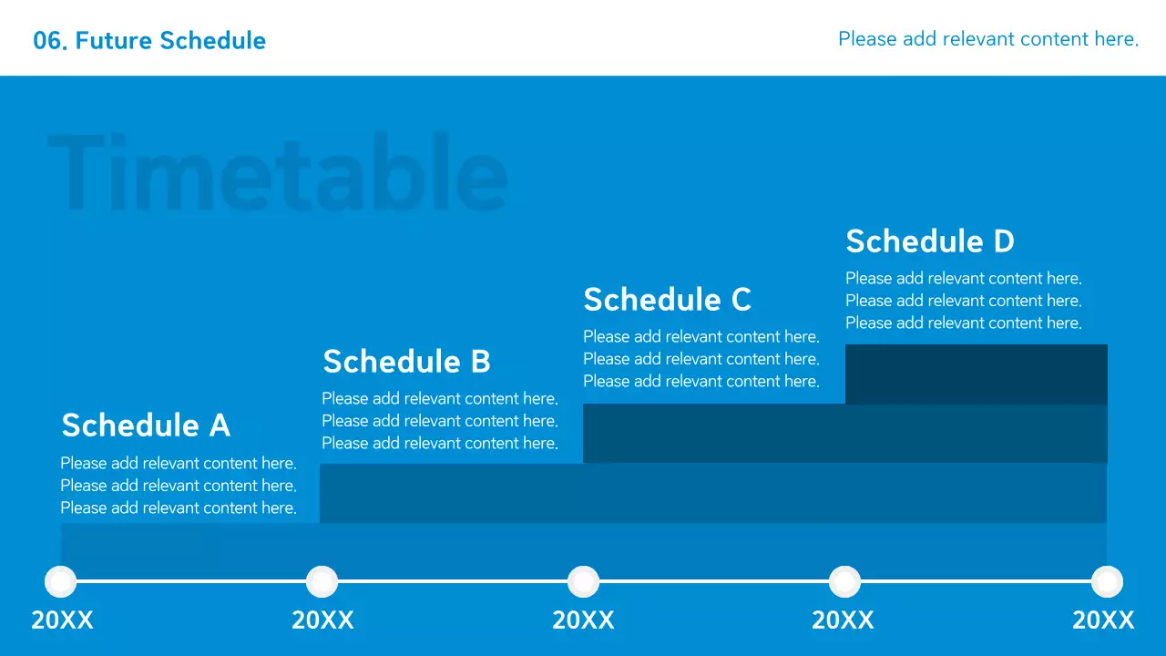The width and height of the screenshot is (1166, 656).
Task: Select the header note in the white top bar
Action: tap(988, 39)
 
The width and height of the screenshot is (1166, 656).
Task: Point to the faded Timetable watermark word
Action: tap(278, 172)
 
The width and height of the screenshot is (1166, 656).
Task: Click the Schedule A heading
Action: tap(146, 425)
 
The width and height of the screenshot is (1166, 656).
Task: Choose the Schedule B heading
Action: tap(406, 362)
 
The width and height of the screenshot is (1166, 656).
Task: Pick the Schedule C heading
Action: tap(668, 300)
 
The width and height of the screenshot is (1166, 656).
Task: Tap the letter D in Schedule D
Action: tap(1004, 241)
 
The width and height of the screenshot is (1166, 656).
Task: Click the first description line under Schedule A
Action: tap(179, 463)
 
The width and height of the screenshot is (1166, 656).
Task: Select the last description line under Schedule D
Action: tap(964, 323)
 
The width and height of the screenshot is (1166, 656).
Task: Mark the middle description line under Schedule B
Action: tap(440, 421)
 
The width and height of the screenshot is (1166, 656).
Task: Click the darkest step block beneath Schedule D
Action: tap(976, 374)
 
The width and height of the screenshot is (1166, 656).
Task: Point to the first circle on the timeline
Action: tap(61, 581)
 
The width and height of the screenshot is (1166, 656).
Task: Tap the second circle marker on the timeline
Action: tap(322, 581)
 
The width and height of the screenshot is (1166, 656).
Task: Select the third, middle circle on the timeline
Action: tap(583, 581)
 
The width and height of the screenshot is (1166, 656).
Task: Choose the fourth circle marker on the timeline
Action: tap(844, 581)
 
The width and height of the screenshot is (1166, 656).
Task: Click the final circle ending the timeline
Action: tap(1107, 581)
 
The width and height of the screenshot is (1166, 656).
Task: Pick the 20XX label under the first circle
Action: tap(63, 620)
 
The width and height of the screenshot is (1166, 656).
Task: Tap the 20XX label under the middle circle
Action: tap(584, 620)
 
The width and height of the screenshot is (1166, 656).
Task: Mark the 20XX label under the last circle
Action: tap(1103, 620)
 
